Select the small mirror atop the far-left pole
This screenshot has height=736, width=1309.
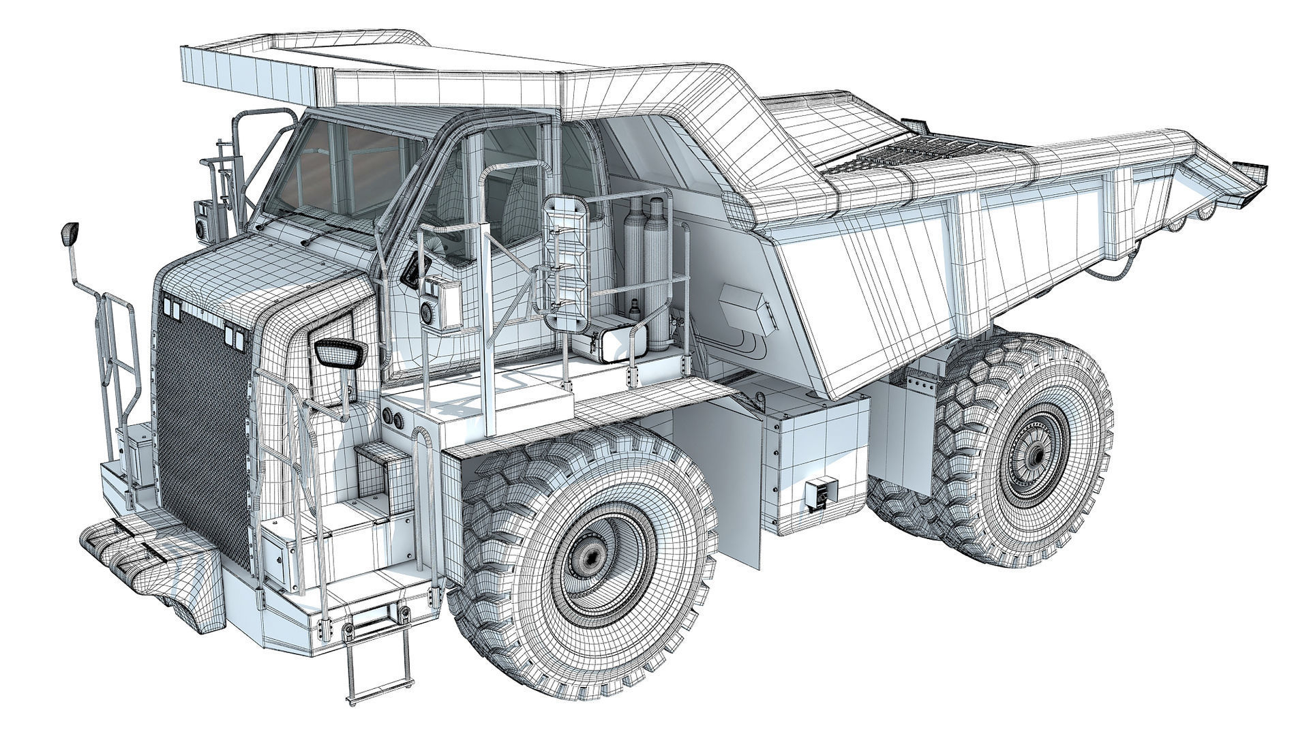coord(70,234)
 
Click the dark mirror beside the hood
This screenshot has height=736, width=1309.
coord(340,353)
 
